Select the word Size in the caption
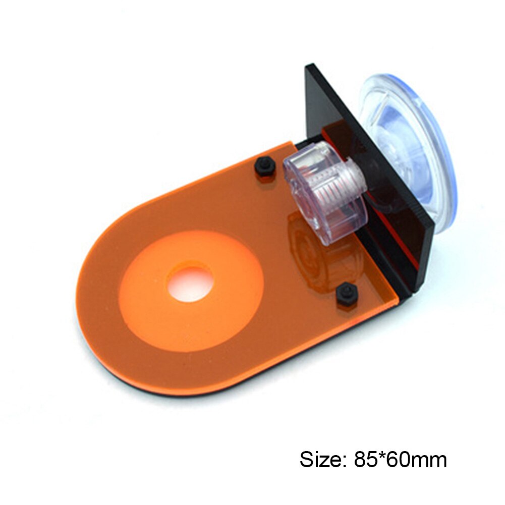pyautogui.click(x=317, y=460)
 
